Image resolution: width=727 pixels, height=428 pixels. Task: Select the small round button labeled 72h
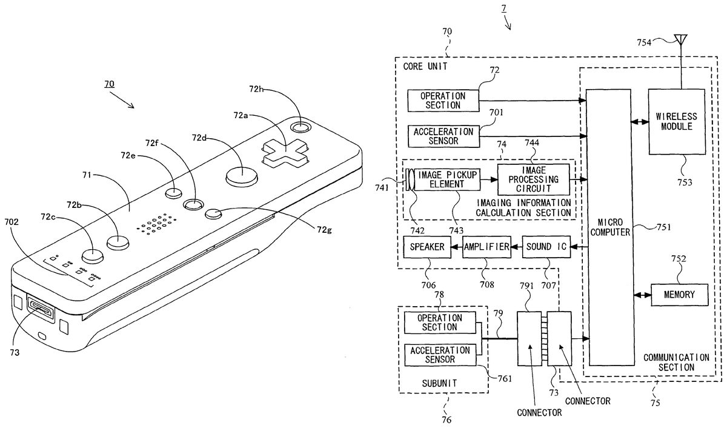(299, 128)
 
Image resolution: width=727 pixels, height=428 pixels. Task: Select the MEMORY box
(680, 295)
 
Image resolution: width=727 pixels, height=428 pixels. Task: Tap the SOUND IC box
(545, 247)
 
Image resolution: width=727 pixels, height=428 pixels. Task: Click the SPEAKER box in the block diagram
(427, 247)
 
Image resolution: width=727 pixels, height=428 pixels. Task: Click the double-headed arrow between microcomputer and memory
(640, 295)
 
